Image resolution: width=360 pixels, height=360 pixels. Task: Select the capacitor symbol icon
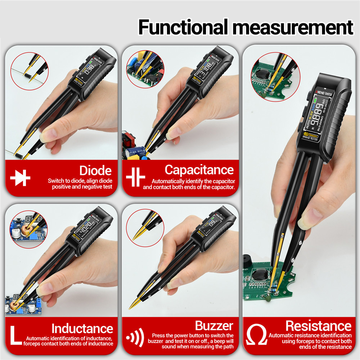pyautogui.click(x=135, y=177)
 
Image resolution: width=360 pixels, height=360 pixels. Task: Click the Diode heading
pyautogui.click(x=95, y=170)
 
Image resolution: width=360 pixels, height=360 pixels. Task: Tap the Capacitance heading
pyautogui.click(x=199, y=170)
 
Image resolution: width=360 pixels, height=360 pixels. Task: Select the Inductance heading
pyautogui.click(x=82, y=328)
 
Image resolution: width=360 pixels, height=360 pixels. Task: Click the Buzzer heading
pyautogui.click(x=214, y=326)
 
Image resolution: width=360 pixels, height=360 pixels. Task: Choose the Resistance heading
pyautogui.click(x=318, y=326)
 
